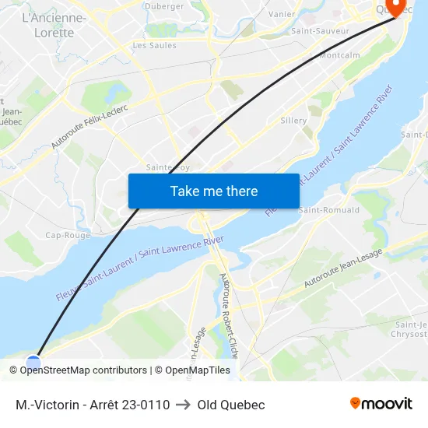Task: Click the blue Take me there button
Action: pyautogui.click(x=214, y=191)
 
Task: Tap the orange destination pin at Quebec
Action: pyautogui.click(x=395, y=7)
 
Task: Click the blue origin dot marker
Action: pyautogui.click(x=33, y=363)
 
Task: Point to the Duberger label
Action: pyautogui.click(x=164, y=6)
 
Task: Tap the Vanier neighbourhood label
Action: pyautogui.click(x=281, y=14)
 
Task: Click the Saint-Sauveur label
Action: pyautogui.click(x=320, y=31)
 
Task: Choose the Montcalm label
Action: pyautogui.click(x=339, y=56)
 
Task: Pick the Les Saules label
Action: pyautogui.click(x=154, y=45)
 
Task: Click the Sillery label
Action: pyautogui.click(x=293, y=121)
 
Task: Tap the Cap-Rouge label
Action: pyautogui.click(x=68, y=235)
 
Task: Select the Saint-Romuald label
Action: pyautogui.click(x=329, y=210)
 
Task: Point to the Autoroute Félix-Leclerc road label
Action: pyautogui.click(x=89, y=124)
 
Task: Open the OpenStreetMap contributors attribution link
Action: pyautogui.click(x=83, y=370)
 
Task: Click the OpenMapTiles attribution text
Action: pyautogui.click(x=198, y=370)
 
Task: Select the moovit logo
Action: pyautogui.click(x=381, y=404)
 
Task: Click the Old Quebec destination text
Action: pyautogui.click(x=231, y=405)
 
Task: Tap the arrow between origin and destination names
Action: pyautogui.click(x=184, y=405)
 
